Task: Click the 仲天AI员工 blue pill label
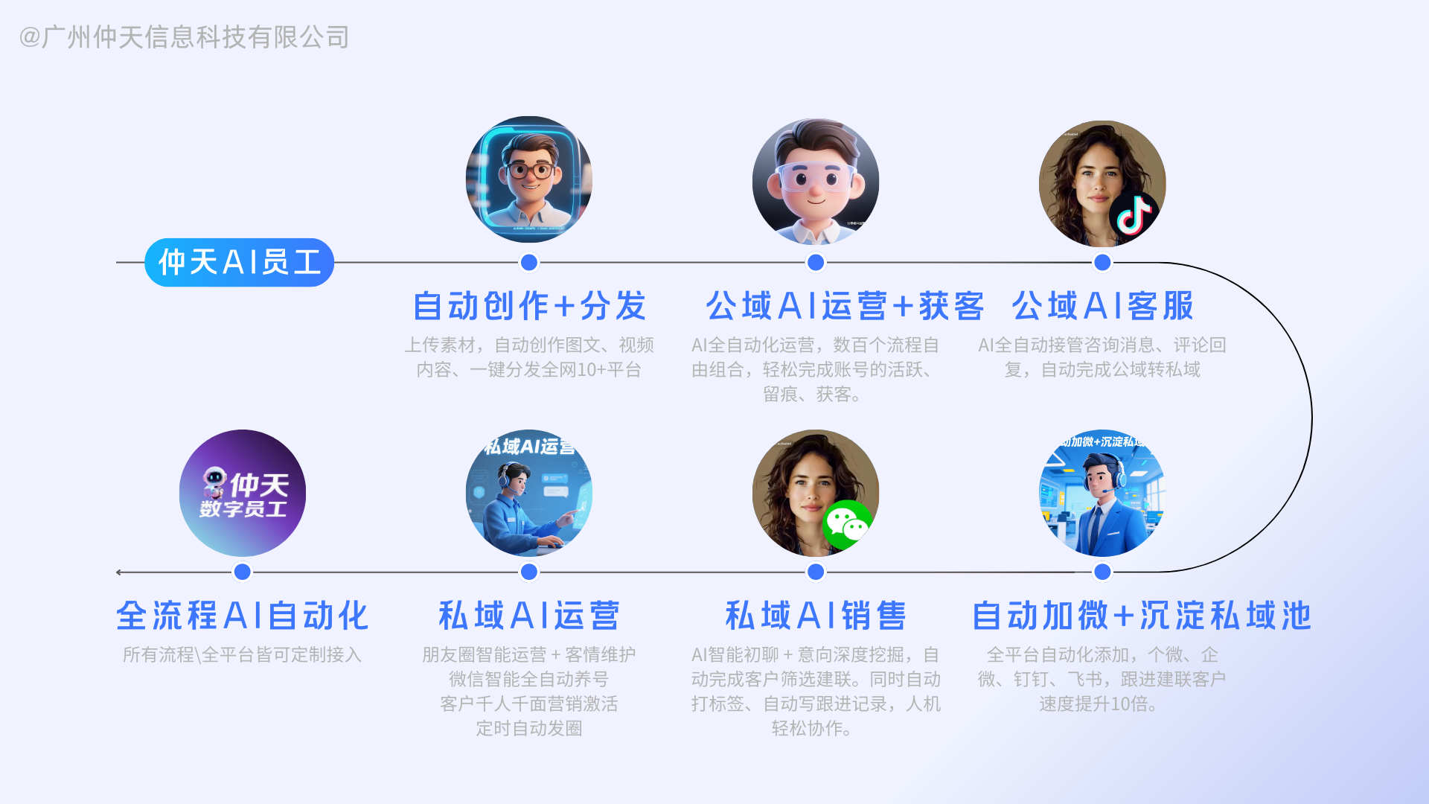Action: pos(239,262)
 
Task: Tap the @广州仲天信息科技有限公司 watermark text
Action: pos(185,37)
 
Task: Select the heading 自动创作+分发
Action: pos(529,306)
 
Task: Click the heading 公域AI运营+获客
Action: pos(845,306)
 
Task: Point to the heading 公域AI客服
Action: pos(1102,306)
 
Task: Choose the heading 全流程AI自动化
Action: pos(243,616)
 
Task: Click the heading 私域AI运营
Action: pos(529,616)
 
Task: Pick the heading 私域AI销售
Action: pos(816,616)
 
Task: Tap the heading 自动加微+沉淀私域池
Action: pos(1142,616)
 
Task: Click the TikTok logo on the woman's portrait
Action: pos(1134,215)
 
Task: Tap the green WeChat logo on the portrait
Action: pos(847,525)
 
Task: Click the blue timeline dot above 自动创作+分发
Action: pos(529,262)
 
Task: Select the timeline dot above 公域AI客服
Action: pos(1102,262)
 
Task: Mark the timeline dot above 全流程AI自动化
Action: pos(243,572)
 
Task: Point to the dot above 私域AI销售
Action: pos(816,572)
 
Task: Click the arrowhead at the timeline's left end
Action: pos(119,572)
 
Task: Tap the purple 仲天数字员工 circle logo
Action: pos(243,493)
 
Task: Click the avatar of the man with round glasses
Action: pos(529,179)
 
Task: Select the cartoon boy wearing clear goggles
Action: pos(816,181)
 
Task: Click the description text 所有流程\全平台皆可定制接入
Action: pos(242,654)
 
